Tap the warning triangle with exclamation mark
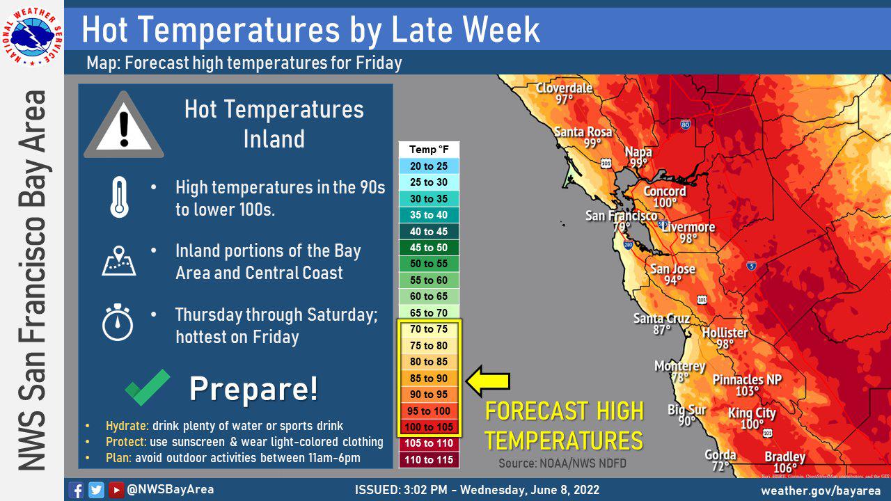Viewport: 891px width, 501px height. tap(124, 126)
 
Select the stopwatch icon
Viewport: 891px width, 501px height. tap(118, 322)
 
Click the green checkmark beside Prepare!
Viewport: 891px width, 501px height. tap(148, 387)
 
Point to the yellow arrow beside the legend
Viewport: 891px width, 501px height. tap(488, 381)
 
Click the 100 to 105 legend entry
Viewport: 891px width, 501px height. tap(429, 427)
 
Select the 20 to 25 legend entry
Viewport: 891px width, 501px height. tap(429, 166)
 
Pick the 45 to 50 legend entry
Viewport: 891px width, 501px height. tap(429, 248)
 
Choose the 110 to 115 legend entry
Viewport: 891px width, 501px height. tap(429, 460)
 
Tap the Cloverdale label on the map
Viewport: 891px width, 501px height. tap(564, 88)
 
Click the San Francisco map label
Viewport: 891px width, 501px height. tap(621, 216)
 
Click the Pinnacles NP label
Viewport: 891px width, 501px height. tap(747, 380)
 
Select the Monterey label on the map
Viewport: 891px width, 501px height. tap(679, 366)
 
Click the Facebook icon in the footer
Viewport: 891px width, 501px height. tap(77, 490)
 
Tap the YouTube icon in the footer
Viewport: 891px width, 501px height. tap(116, 490)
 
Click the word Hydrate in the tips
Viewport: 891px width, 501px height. tap(122, 426)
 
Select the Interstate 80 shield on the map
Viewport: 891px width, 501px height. tap(685, 125)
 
